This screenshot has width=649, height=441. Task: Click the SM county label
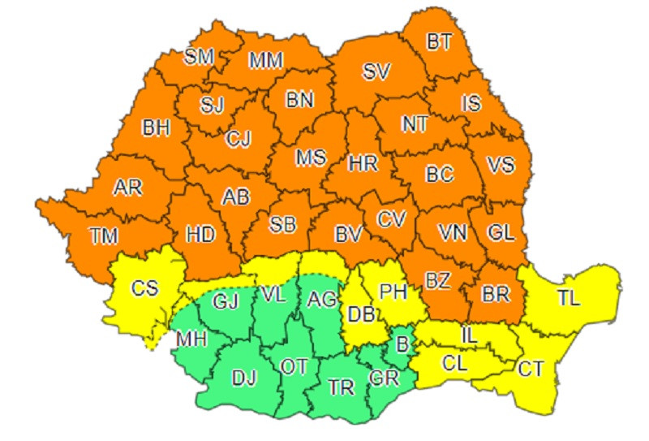199,56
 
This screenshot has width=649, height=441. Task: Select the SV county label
376,71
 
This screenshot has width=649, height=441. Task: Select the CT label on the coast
532,370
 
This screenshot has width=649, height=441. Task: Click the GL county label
501,233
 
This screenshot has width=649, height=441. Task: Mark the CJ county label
239,139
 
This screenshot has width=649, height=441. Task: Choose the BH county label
156,127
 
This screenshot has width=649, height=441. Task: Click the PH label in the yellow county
393,290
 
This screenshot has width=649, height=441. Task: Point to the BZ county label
437,281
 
